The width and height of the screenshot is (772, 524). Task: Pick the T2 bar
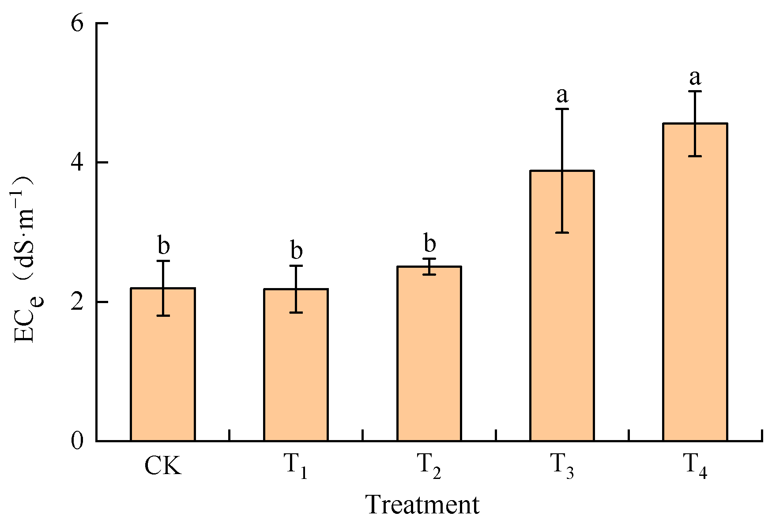429,353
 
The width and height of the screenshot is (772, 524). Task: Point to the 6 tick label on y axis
77,23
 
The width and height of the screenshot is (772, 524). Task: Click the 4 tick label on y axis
77,163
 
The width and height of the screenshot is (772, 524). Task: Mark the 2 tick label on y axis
77,302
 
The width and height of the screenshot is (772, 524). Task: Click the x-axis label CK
163,466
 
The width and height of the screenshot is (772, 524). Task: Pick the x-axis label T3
562,467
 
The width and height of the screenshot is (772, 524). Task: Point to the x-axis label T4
695,467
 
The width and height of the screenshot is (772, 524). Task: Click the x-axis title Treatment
422,505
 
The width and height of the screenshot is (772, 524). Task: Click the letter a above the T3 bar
562,95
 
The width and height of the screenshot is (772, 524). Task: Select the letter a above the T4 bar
695,77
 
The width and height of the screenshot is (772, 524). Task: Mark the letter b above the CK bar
163,246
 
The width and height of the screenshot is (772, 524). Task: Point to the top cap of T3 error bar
562,109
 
